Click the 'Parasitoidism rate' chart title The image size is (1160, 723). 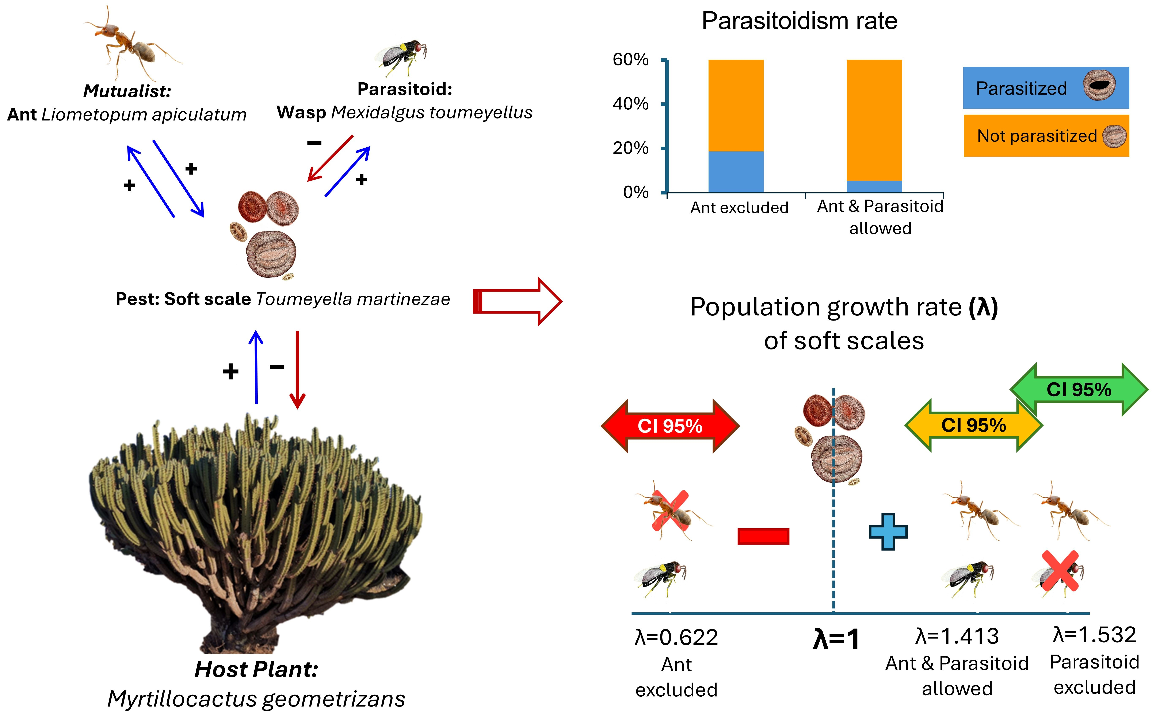[799, 21]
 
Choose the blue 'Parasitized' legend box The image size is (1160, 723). [1046, 88]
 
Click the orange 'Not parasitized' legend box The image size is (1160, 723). [1046, 136]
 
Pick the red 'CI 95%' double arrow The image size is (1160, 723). [670, 425]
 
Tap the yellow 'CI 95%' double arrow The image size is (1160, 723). [974, 425]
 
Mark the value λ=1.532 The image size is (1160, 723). [1094, 635]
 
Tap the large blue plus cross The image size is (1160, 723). [888, 532]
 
